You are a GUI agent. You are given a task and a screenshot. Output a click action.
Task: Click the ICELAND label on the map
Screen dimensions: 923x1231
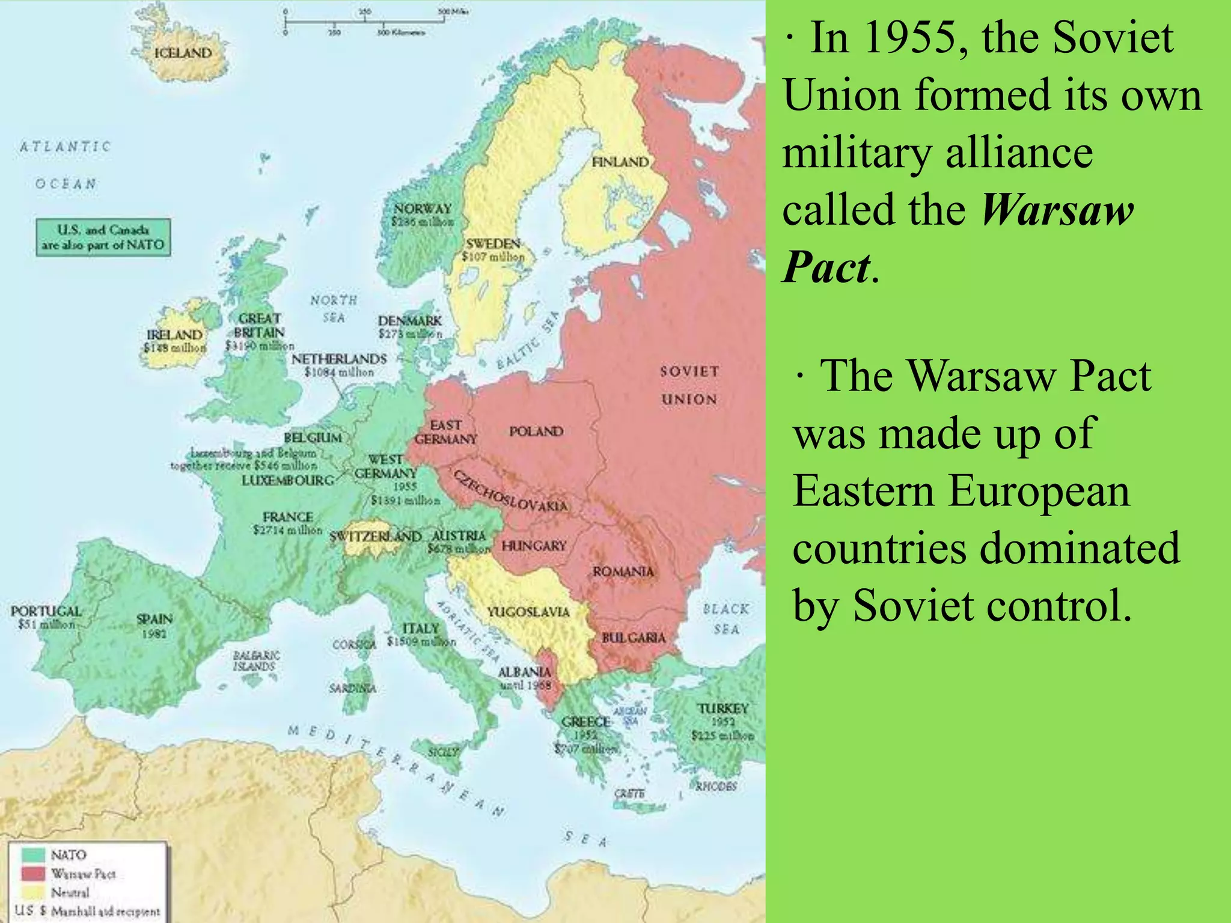183,53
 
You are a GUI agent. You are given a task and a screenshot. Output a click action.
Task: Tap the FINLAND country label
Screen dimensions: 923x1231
620,162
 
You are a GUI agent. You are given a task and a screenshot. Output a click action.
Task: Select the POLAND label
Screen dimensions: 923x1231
536,431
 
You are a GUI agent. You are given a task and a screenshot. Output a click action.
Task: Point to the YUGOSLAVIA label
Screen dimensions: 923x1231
528,612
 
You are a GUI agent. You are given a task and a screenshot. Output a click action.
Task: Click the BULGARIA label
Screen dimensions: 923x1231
634,638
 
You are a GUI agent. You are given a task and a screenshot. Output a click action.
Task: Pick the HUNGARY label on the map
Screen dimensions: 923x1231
534,546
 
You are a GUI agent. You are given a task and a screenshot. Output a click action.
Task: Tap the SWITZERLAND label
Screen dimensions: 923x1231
376,536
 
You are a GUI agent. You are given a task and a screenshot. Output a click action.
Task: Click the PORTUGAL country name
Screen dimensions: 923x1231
46,611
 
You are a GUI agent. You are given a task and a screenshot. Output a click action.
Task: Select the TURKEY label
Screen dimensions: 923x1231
723,708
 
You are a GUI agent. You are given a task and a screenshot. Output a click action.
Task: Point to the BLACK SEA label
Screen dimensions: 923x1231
726,619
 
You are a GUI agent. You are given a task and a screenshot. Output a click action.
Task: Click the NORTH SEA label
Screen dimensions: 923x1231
334,308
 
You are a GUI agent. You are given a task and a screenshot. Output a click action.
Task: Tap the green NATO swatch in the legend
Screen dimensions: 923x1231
33,854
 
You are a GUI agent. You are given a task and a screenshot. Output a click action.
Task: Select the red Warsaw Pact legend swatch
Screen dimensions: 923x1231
33,873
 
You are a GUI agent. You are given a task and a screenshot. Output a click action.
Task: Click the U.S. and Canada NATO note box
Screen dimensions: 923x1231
103,237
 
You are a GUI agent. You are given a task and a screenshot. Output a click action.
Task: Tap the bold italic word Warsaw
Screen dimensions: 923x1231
1057,210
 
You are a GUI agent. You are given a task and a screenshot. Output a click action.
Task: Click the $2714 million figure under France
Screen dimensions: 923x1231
287,530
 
